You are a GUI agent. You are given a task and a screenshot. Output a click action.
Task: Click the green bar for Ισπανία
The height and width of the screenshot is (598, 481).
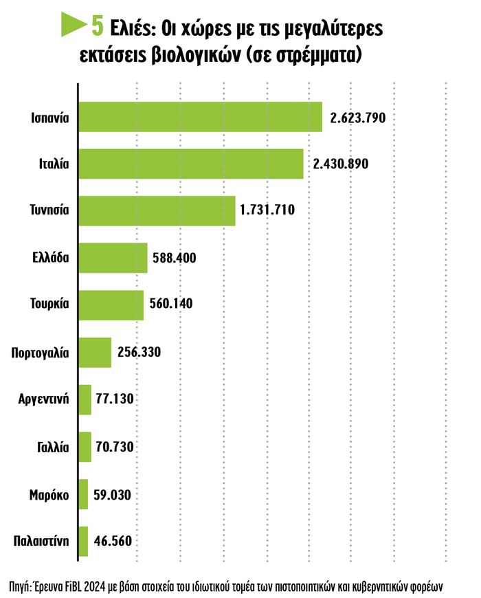(x=201, y=117)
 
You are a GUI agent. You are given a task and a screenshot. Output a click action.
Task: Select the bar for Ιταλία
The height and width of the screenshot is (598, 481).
(x=192, y=164)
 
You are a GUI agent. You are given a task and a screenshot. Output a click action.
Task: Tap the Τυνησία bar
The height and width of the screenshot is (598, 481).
(x=158, y=210)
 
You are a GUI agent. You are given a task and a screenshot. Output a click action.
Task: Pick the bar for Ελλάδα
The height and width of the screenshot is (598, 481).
(x=114, y=258)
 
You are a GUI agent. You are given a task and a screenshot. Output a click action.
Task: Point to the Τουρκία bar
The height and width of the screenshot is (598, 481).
(x=112, y=305)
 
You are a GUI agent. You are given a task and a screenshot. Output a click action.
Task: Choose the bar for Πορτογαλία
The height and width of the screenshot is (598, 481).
(x=96, y=352)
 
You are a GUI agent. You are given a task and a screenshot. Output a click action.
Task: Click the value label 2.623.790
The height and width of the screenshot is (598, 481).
(x=358, y=118)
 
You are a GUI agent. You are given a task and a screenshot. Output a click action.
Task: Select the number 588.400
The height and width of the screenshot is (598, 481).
(x=176, y=258)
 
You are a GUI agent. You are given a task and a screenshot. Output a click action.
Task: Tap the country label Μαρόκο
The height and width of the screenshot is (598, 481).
(x=49, y=494)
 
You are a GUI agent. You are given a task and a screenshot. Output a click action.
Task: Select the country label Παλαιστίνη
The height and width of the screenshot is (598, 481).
(x=41, y=540)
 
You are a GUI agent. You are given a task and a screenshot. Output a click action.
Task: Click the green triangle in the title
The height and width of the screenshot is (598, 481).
(x=73, y=26)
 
